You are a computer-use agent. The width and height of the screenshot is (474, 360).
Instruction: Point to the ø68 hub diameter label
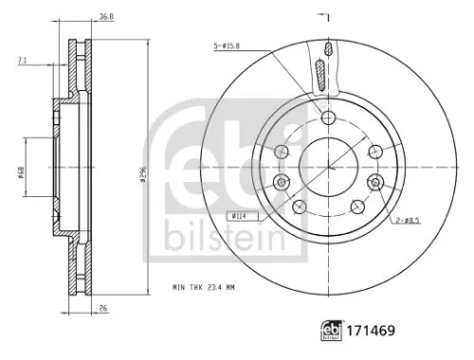20,173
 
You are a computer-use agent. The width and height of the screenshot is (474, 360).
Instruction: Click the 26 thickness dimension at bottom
101,308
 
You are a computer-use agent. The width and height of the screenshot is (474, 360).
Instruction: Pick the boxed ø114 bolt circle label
236,217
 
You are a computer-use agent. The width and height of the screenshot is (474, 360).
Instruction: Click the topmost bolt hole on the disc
327,117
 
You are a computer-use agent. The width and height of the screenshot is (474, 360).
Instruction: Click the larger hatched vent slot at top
322,74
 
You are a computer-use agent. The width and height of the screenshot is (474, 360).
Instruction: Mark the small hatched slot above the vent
327,48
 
